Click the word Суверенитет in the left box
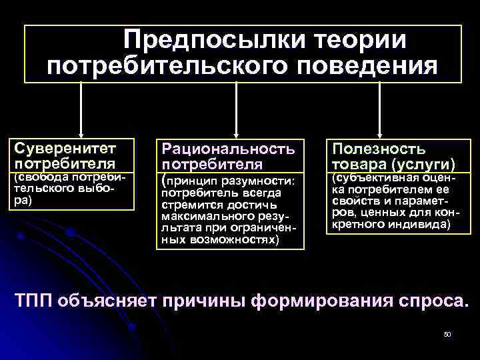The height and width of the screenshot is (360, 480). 66,147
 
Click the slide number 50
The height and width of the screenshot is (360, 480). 447,333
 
